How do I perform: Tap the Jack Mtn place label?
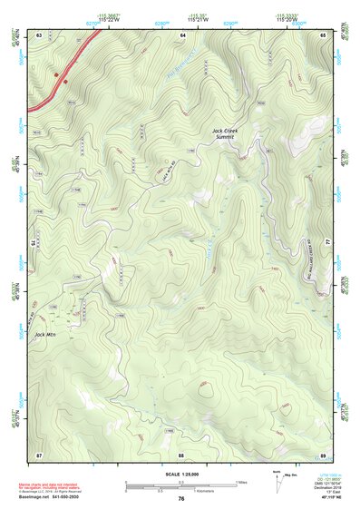pyautogui.click(x=44, y=335)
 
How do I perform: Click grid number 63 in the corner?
pyautogui.click(x=39, y=34)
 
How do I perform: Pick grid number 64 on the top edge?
pyautogui.click(x=182, y=34)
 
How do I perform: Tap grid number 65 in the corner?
pyautogui.click(x=324, y=34)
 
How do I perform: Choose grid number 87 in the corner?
pyautogui.click(x=39, y=453)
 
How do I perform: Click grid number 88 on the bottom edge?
pyautogui.click(x=181, y=453)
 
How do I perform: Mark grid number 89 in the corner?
pyautogui.click(x=324, y=453)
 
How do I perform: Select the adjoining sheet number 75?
pyautogui.click(x=35, y=243)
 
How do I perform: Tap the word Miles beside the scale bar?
pyautogui.click(x=241, y=482)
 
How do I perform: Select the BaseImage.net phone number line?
pyautogui.click(x=48, y=498)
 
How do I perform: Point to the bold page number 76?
pyautogui.click(x=181, y=499)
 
